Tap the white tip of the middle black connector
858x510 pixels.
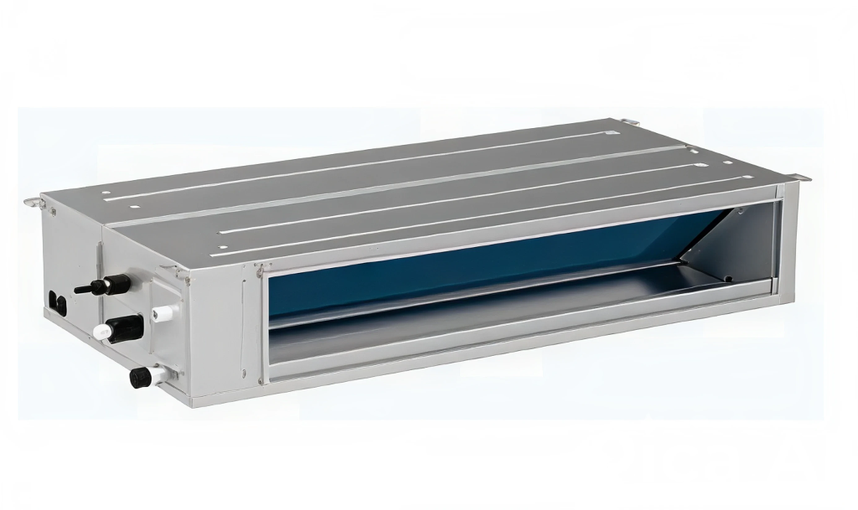pyautogui.click(x=101, y=332)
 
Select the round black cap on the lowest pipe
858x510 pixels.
pyautogui.click(x=139, y=379)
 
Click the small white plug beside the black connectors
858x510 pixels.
pyautogui.click(x=163, y=312)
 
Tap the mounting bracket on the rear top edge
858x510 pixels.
pyautogui.click(x=630, y=123)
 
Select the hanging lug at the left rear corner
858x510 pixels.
pyautogui.click(x=32, y=200)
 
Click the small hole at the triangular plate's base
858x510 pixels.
pyautogui.click(x=728, y=278)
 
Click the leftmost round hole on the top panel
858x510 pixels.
pyautogui.click(x=106, y=193)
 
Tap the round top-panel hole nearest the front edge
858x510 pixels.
pyautogui.click(x=222, y=247)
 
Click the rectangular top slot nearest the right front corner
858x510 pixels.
pyautogui.click(x=727, y=162)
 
